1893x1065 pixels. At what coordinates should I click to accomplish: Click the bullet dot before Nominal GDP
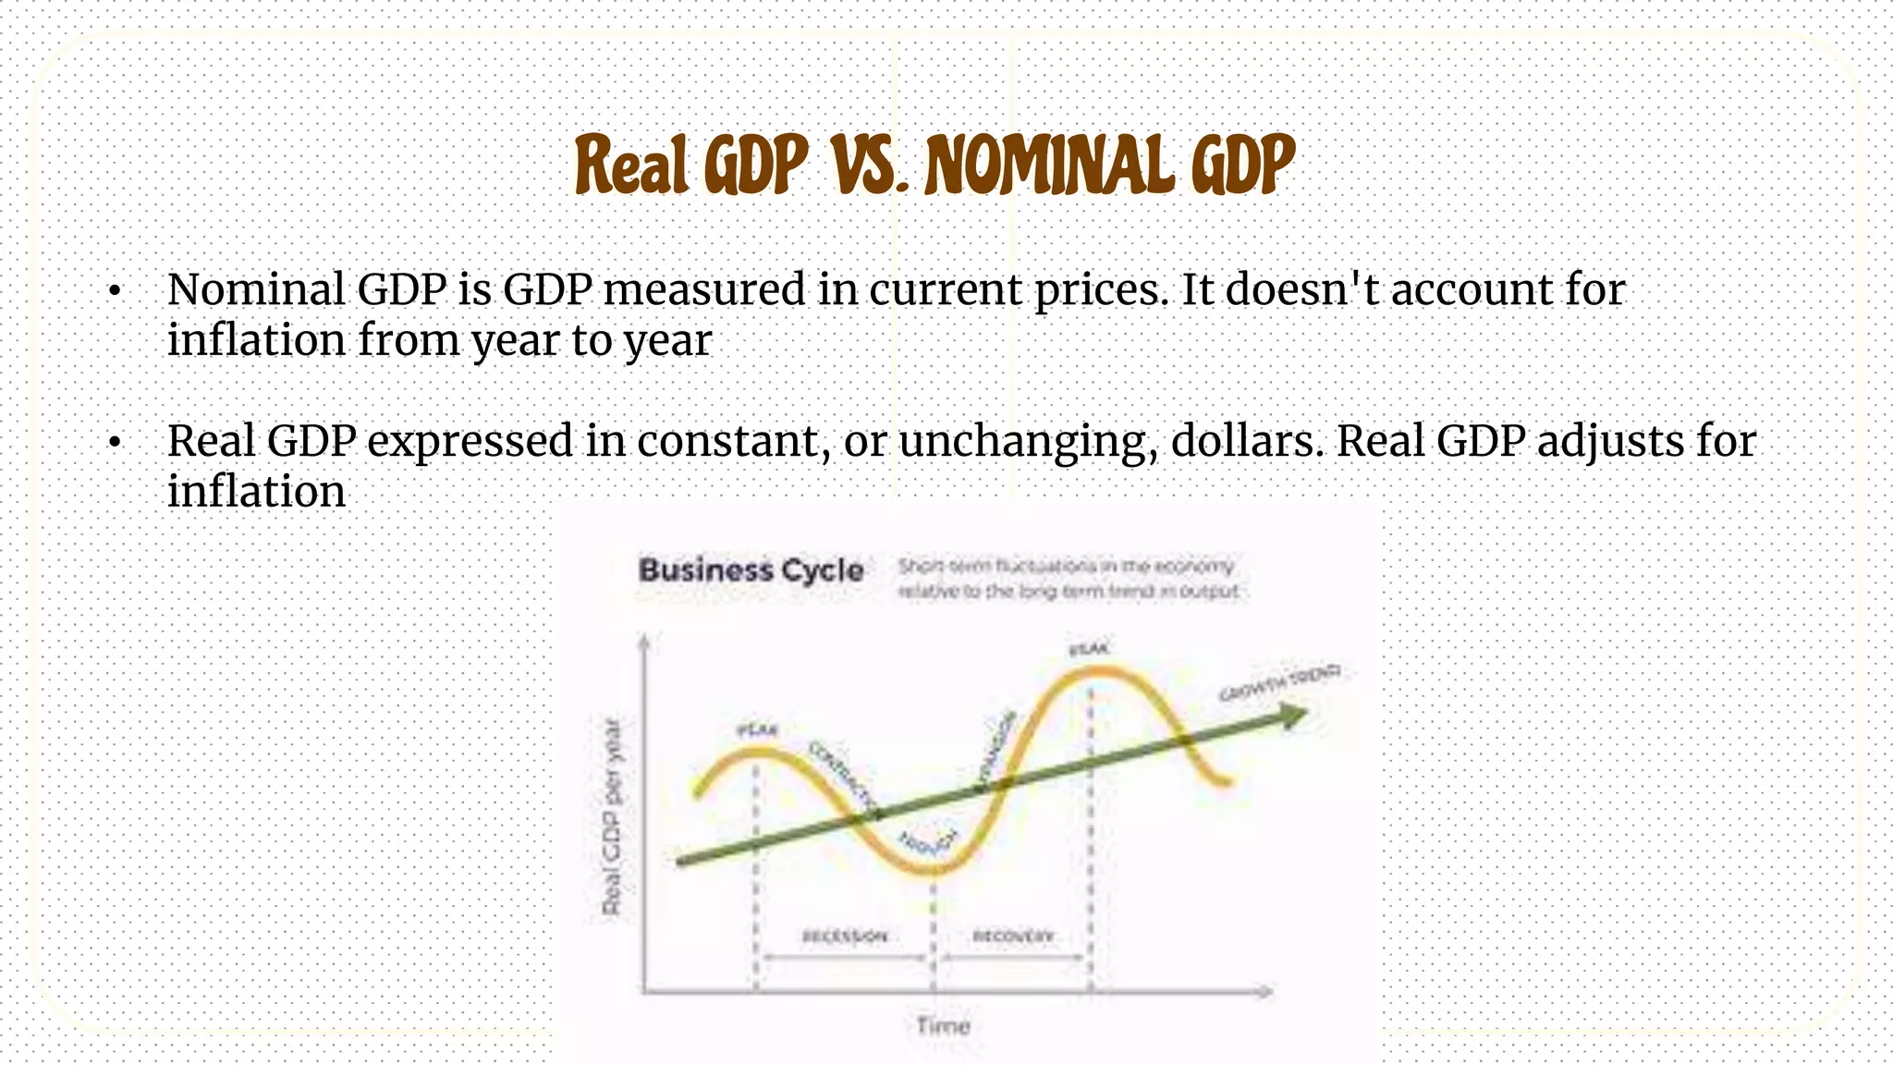click(x=114, y=292)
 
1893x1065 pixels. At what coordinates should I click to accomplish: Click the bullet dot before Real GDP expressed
click(x=114, y=444)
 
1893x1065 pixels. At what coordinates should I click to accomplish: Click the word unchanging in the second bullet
click(x=1027, y=442)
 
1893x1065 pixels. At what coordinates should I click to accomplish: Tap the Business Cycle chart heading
click(x=751, y=570)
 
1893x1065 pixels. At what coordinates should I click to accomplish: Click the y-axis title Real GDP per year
click(x=613, y=816)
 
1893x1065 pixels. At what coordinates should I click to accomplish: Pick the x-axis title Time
click(x=943, y=1025)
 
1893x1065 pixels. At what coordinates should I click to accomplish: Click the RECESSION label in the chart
click(x=845, y=936)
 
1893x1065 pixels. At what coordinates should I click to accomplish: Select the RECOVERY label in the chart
click(x=1013, y=936)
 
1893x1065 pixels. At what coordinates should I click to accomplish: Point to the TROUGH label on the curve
click(x=928, y=842)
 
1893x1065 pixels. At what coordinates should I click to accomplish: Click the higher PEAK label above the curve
click(x=1089, y=650)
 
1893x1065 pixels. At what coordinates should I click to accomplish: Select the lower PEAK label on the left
click(x=757, y=731)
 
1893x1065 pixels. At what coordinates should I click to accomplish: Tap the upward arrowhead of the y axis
click(x=644, y=640)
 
